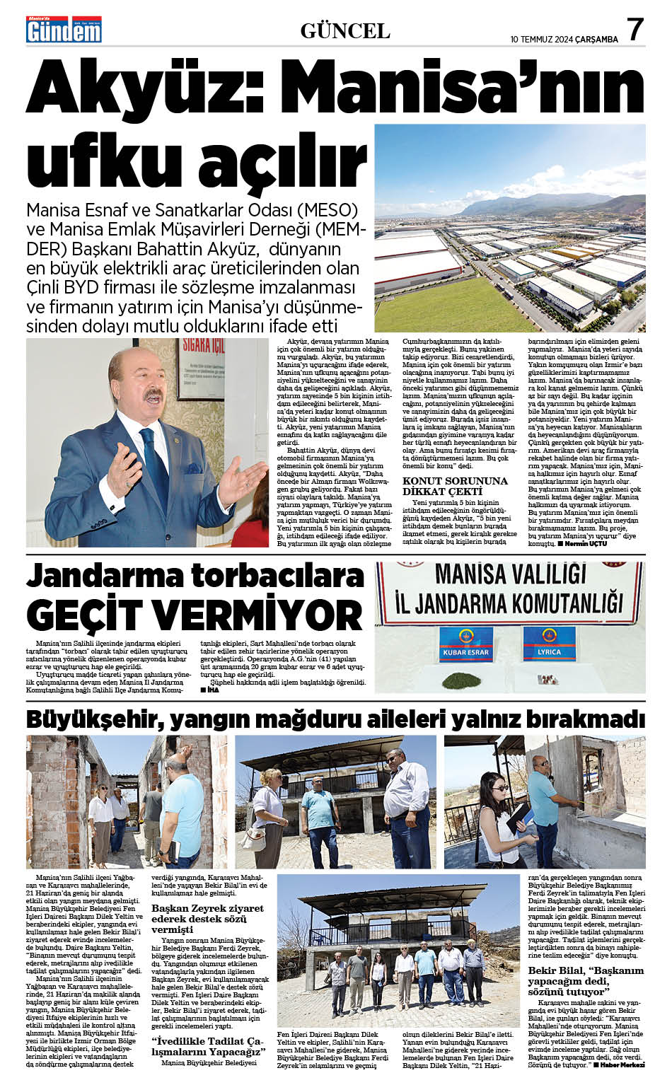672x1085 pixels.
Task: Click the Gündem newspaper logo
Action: click(64, 30)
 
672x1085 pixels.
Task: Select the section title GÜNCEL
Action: click(345, 31)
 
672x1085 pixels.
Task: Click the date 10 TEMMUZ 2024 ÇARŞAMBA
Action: click(564, 39)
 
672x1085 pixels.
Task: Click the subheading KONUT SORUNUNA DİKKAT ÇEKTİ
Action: click(455, 486)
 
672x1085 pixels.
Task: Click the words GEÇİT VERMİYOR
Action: click(194, 615)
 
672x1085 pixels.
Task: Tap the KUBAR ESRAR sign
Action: click(465, 651)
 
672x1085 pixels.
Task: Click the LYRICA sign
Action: click(549, 651)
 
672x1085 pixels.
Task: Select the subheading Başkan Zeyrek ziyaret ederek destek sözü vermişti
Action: click(207, 918)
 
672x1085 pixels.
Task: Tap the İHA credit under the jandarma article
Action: click(210, 690)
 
